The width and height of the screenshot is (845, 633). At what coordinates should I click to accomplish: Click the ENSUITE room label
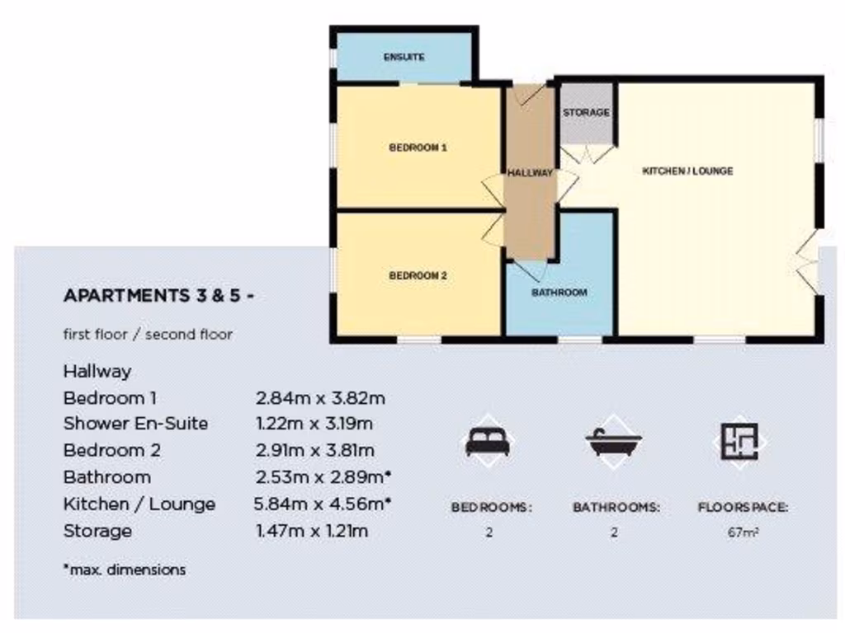[x=404, y=58]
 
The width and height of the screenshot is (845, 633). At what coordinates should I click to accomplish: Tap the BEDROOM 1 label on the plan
[x=418, y=148]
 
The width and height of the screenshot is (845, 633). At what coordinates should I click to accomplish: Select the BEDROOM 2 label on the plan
[x=418, y=276]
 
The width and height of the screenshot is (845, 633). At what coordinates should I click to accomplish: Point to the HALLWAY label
[x=530, y=174]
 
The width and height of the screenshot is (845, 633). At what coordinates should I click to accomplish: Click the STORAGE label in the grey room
[x=586, y=113]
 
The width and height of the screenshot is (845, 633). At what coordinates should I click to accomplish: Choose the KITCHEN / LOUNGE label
[x=687, y=171]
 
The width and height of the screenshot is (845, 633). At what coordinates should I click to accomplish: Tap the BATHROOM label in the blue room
[x=559, y=293]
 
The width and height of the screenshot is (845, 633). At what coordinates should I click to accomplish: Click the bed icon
[x=488, y=443]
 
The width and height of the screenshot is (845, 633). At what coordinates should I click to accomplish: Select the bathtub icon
[x=614, y=443]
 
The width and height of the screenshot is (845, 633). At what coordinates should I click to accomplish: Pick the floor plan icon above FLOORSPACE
[x=739, y=442]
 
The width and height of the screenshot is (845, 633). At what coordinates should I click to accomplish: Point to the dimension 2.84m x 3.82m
[x=321, y=398]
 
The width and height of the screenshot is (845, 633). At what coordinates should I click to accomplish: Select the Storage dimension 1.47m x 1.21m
[x=312, y=531]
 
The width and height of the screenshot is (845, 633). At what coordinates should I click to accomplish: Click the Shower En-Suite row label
[x=135, y=424]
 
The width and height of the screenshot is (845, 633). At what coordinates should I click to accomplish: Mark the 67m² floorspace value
[x=743, y=532]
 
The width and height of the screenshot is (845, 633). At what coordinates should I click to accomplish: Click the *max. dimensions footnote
[x=124, y=570]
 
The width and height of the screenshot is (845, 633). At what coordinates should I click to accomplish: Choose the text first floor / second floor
[x=148, y=335]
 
